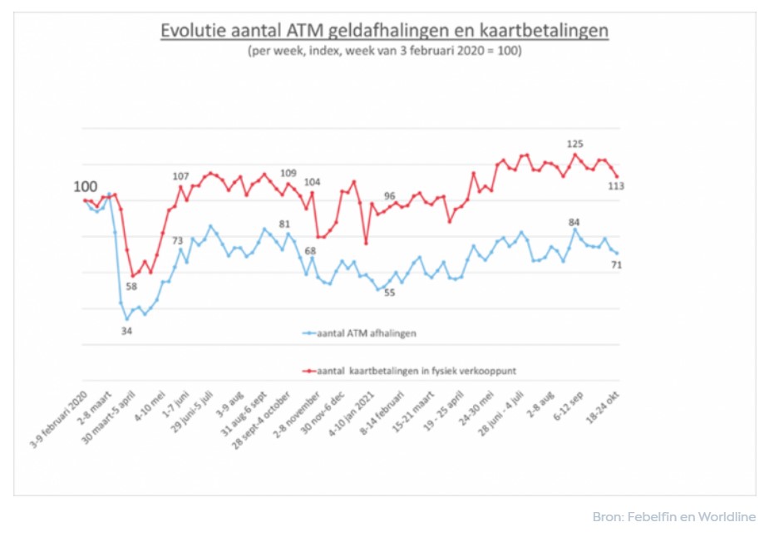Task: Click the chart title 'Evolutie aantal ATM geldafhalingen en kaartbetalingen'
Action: pos(385,31)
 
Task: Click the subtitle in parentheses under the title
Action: pos(384,51)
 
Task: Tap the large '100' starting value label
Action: pos(85,187)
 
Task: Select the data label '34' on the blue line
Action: pos(127,331)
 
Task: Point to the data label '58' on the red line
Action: pos(131,287)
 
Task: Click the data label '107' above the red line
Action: pos(180,175)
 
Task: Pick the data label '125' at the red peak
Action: pos(574,144)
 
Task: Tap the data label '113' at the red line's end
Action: pos(616,186)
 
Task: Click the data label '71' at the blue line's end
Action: pos(617,264)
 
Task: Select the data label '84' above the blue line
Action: pos(574,222)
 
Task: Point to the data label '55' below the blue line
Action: pos(390,292)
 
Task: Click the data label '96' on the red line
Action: pos(389,195)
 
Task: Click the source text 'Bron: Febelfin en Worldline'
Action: pos(673,517)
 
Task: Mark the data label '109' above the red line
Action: pos(288,173)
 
